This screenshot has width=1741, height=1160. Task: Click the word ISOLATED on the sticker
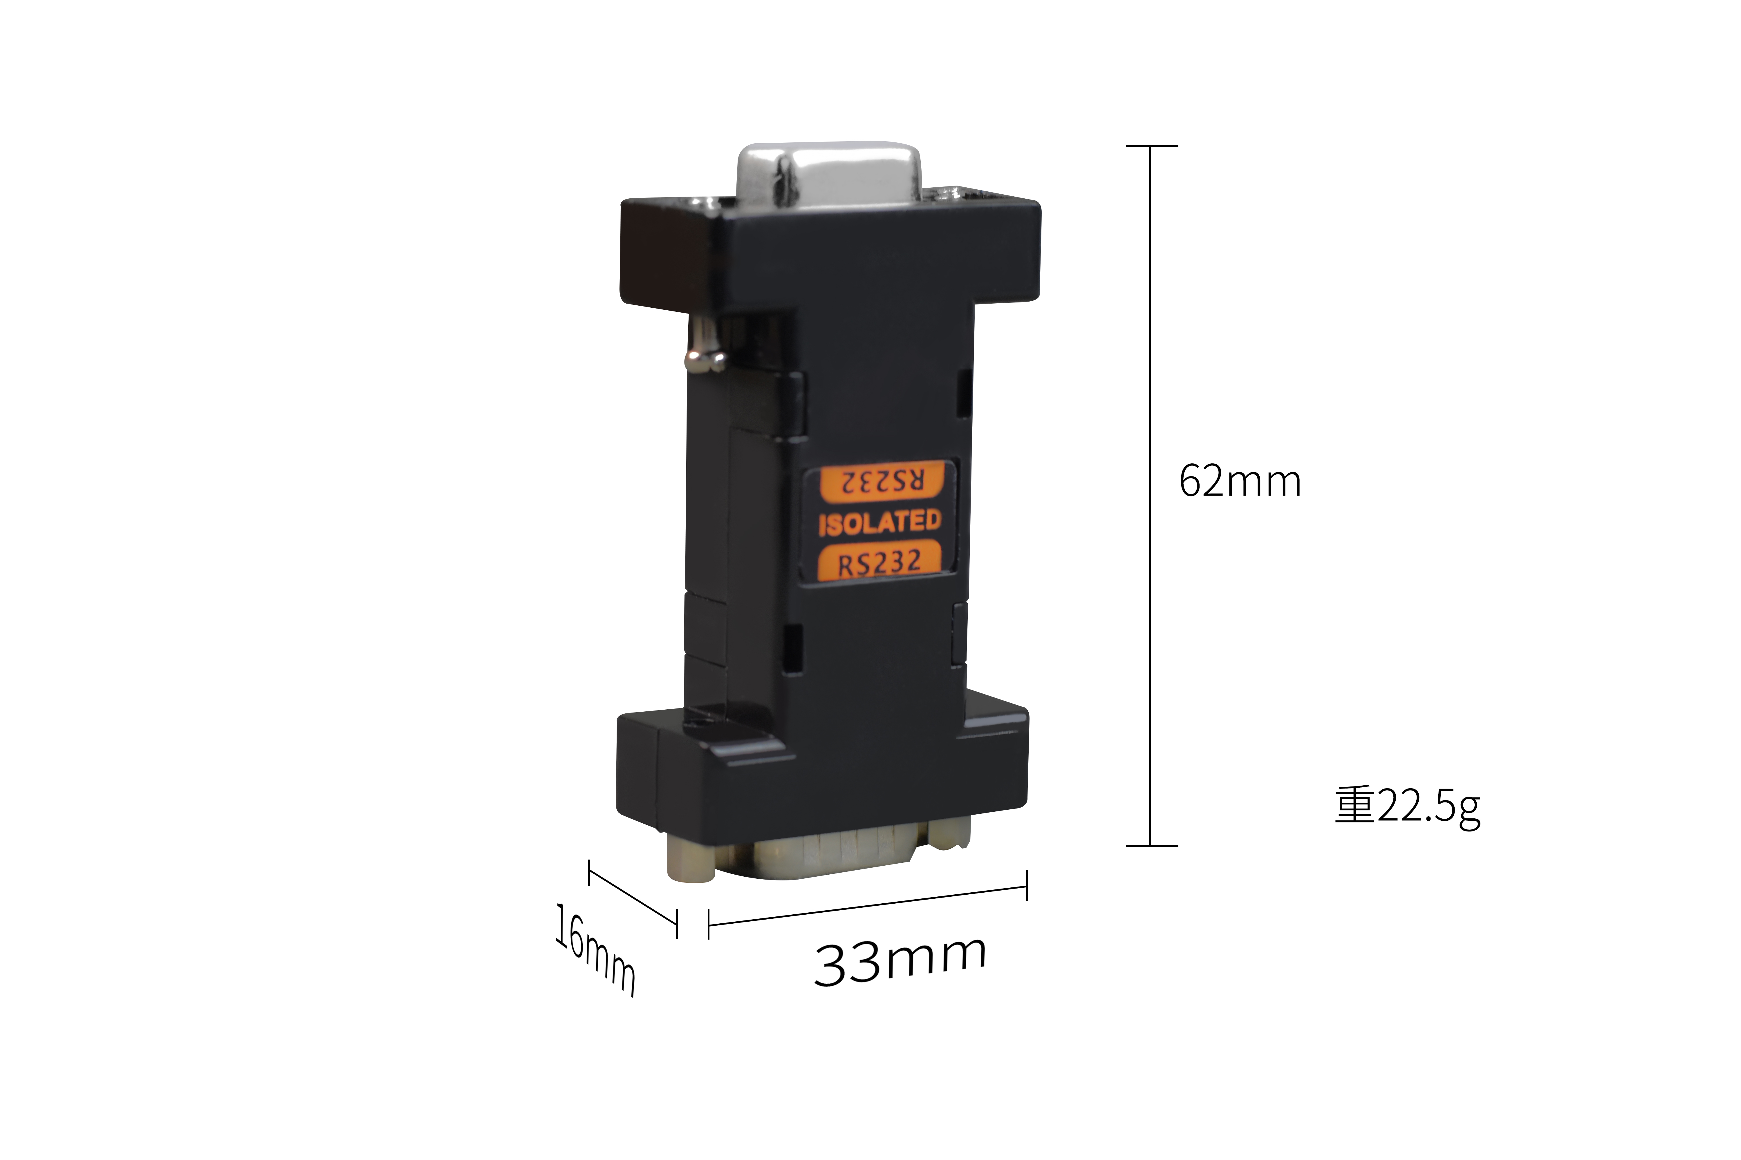[x=879, y=522]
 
